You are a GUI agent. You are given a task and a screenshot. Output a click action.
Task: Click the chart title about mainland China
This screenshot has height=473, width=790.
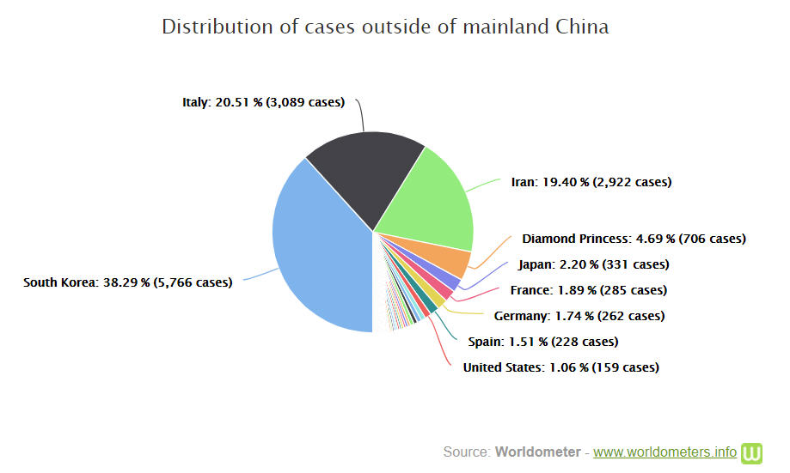point(385,27)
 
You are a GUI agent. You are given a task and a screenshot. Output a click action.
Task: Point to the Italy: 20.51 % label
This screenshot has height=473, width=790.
point(263,102)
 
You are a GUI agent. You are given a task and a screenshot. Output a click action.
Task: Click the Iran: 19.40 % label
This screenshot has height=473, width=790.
point(591,182)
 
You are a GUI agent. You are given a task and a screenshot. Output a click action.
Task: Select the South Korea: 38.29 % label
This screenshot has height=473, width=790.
point(127,282)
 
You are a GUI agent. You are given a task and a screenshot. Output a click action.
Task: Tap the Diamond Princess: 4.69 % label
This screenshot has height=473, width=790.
point(634,239)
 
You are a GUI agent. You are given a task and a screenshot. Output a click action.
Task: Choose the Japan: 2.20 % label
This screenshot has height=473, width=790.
point(593,264)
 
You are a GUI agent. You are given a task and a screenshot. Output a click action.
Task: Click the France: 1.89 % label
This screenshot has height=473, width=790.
point(588,290)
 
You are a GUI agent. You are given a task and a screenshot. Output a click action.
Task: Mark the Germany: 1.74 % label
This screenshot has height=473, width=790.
point(579,316)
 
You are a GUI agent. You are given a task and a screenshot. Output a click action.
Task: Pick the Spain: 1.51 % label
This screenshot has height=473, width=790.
point(542,342)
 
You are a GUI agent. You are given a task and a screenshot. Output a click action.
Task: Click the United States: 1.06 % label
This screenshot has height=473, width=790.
point(560,367)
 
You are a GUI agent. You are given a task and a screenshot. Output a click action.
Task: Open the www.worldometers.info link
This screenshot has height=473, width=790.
point(664,452)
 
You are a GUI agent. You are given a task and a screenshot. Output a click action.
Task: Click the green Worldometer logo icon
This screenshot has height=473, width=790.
point(753,452)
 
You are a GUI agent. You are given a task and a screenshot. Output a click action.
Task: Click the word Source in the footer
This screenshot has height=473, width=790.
point(466,452)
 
